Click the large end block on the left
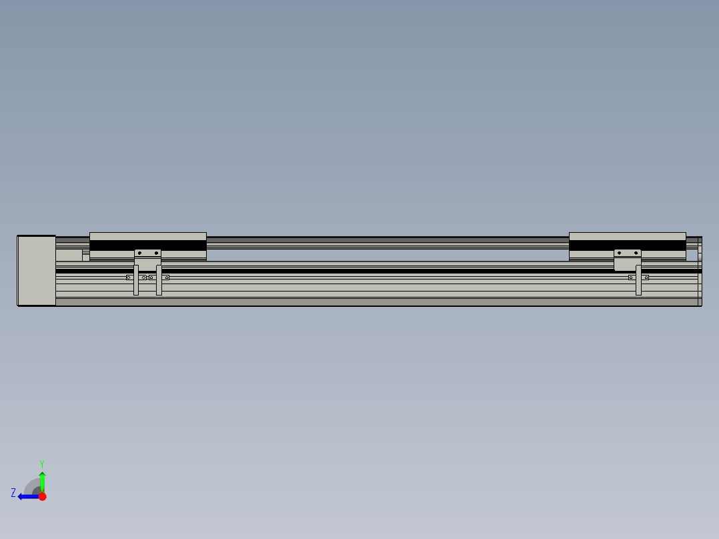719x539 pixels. coord(37,270)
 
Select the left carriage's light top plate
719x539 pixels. coord(147,236)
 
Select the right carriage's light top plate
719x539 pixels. coord(627,236)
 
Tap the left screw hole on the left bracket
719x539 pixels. coord(139,253)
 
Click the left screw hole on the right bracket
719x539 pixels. coord(619,253)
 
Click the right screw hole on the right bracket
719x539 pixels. coord(636,253)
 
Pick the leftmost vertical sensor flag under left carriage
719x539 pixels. coord(136,281)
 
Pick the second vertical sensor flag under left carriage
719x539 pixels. coord(159,281)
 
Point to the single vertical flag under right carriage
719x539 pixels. coord(638,281)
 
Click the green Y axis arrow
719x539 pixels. coord(42,480)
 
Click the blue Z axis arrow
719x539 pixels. coord(27,496)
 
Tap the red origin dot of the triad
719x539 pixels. coord(42,496)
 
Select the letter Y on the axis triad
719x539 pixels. coord(41,463)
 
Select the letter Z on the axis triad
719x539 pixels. coord(13,493)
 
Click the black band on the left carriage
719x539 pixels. coord(147,245)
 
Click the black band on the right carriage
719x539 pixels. coord(627,245)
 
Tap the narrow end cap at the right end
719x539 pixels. coord(700,270)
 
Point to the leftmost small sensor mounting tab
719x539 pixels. coord(128,278)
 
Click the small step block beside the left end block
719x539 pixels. coord(69,255)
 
